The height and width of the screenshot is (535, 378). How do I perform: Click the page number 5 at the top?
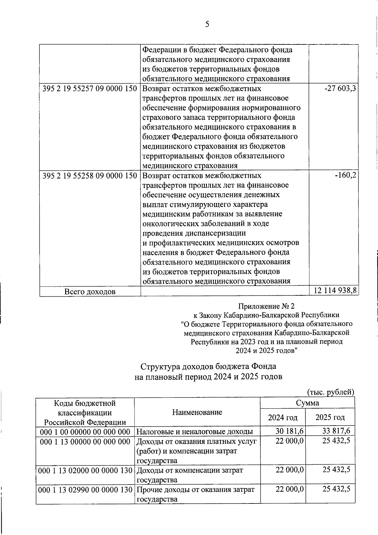207,24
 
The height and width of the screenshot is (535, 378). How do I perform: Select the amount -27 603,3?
340,89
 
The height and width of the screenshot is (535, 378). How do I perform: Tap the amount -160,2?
346,175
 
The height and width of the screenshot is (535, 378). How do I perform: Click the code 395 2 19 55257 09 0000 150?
90,89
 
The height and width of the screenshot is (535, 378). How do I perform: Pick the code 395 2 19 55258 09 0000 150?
90,175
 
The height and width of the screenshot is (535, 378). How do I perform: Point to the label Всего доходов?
90,292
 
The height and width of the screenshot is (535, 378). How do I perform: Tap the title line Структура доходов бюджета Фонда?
208,366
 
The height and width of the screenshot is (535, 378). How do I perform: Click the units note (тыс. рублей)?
330,392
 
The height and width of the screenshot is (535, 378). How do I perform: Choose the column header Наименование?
197,412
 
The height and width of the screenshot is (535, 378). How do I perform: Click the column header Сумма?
307,403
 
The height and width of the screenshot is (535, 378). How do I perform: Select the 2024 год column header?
283,418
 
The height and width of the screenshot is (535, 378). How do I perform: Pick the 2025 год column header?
330,418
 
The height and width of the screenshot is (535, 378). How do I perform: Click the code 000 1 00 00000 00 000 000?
85,431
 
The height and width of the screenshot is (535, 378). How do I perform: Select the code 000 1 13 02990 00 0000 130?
85,490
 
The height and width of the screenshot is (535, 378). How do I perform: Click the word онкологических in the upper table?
171,224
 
